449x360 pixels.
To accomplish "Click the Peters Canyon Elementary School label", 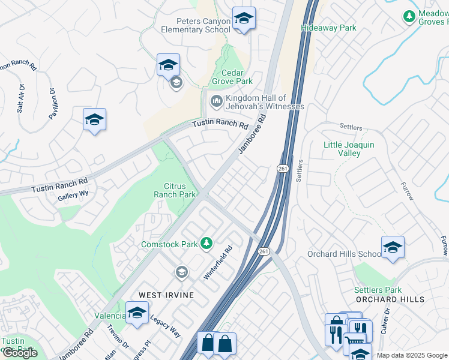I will [x=195, y=25].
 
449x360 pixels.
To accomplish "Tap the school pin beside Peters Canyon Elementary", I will [x=244, y=19].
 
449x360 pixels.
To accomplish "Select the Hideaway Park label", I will [x=328, y=28].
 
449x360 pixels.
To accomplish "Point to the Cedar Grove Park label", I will [x=233, y=77].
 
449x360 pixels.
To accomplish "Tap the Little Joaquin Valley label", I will [x=349, y=149].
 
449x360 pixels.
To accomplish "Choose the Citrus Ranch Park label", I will [x=175, y=190].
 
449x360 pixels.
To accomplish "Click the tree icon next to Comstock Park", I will [x=206, y=243].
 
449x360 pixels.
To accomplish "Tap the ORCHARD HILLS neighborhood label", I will [x=390, y=299].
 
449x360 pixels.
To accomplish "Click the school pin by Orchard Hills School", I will [x=393, y=247].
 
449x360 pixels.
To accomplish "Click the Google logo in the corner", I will [x=20, y=353].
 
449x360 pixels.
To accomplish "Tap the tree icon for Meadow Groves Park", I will [x=409, y=17].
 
